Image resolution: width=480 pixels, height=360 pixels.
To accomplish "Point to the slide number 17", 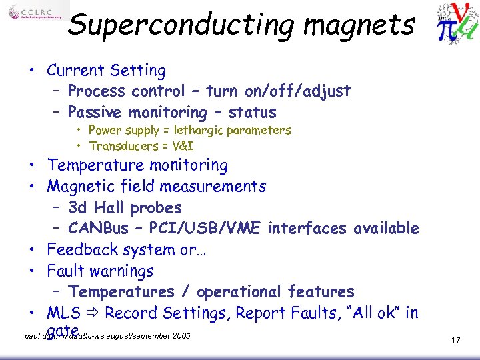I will (x=456, y=340).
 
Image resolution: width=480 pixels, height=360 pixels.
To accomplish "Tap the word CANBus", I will (x=99, y=229).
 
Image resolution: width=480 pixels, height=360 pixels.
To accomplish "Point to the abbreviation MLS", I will (x=64, y=313).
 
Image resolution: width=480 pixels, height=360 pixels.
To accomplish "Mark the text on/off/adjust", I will (x=301, y=91).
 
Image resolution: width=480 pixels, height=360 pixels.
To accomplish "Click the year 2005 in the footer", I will (x=180, y=335).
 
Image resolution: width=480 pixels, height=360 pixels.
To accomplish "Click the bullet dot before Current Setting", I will (x=32, y=71).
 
